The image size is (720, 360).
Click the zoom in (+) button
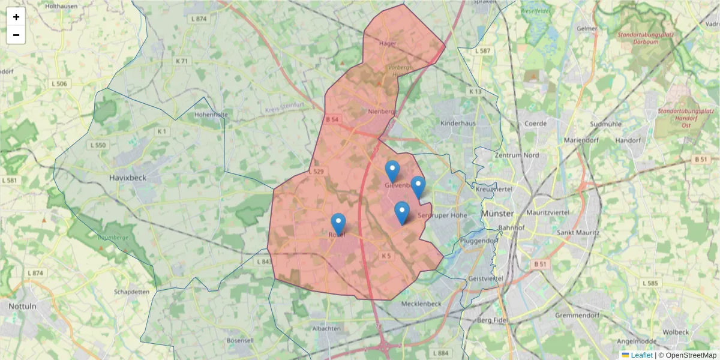pos(16,17)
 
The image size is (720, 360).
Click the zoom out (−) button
pos(16,35)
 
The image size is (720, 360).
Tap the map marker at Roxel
pos(338,224)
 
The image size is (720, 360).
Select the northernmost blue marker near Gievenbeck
pos(392,171)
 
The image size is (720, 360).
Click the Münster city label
pos(497,214)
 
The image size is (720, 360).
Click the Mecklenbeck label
pos(421,304)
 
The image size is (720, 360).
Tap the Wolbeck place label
pos(676,332)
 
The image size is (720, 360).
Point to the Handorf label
pos(629,140)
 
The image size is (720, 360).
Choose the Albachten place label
pos(327,329)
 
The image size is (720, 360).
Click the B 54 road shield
pos(332,119)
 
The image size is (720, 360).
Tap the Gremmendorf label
pos(578,315)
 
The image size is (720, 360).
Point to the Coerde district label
pos(535,123)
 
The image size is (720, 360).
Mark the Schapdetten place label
pos(131,292)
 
